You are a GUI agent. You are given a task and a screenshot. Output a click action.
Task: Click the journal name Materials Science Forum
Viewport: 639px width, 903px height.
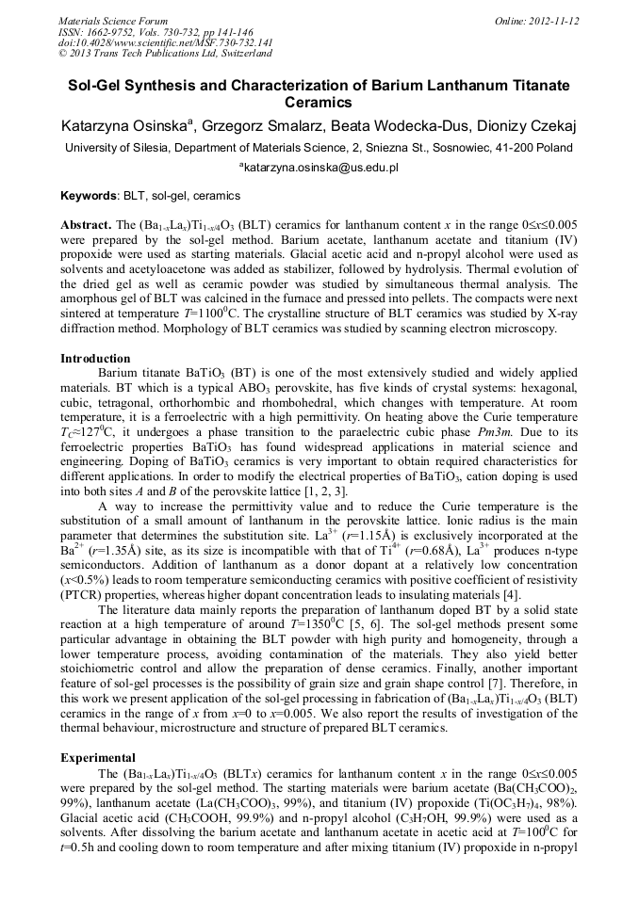(x=113, y=20)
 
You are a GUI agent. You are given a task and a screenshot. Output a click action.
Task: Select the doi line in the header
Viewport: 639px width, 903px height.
(x=166, y=42)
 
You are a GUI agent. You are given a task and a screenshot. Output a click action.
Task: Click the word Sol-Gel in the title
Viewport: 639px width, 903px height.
(x=98, y=86)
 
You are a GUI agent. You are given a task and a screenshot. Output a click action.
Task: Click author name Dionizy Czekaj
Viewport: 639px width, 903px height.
(x=523, y=126)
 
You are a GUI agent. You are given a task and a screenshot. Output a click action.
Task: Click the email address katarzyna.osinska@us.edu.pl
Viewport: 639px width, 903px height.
(x=322, y=168)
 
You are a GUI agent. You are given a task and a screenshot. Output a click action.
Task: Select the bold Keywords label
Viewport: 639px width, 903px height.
(x=89, y=196)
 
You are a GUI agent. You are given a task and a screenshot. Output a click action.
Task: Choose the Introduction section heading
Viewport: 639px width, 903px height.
(x=95, y=359)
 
